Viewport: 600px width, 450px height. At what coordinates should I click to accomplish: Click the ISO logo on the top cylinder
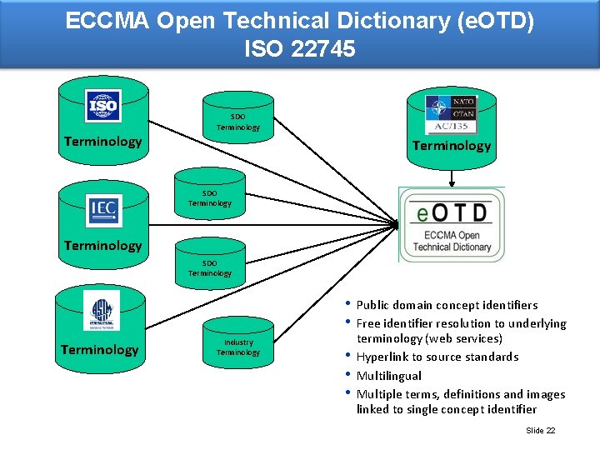(x=103, y=107)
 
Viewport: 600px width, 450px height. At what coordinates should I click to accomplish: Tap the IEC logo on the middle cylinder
(x=104, y=210)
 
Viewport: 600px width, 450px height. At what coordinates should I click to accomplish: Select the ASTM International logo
(x=101, y=315)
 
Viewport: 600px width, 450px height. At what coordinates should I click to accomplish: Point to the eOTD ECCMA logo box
(x=451, y=224)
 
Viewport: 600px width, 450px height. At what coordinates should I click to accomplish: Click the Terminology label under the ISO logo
(x=103, y=142)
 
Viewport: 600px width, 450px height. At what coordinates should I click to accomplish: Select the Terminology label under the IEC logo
(x=103, y=246)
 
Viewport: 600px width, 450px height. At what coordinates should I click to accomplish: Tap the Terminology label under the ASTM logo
(x=100, y=350)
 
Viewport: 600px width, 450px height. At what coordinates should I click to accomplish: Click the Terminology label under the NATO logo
(x=452, y=146)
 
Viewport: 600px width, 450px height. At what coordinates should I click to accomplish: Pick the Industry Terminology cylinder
(x=238, y=347)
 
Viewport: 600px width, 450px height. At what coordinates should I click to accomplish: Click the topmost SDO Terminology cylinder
(x=238, y=122)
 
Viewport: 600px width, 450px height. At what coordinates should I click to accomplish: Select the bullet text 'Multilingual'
(x=389, y=376)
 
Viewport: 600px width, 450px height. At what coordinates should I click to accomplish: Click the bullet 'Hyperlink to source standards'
(x=437, y=357)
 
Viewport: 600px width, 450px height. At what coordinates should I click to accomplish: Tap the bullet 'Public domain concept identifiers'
(x=447, y=305)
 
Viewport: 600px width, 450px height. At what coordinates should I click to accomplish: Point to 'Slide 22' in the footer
(x=541, y=430)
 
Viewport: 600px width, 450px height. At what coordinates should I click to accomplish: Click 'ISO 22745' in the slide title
(x=300, y=48)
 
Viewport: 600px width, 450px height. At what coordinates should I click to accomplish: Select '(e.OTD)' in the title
(x=496, y=20)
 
